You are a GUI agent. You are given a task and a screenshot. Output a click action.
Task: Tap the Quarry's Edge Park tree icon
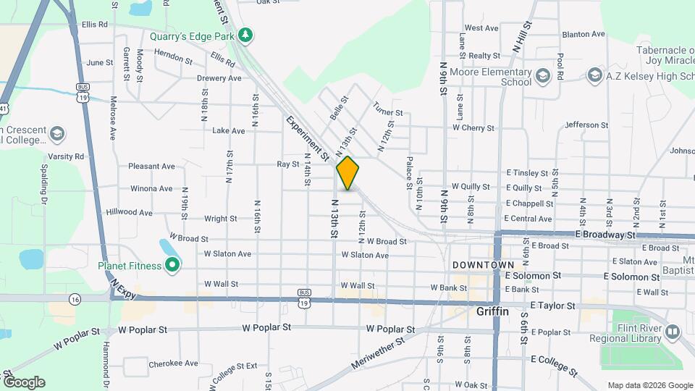pos(246,35)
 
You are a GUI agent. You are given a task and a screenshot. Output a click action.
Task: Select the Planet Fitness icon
pos(172,266)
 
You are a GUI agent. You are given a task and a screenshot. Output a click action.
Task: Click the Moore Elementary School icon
pos(543,75)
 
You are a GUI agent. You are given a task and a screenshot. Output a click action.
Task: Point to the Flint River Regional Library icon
pos(673,332)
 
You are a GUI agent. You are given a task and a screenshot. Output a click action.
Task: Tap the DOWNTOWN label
pos(483,265)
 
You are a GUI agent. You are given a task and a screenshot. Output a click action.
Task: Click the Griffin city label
pos(493,311)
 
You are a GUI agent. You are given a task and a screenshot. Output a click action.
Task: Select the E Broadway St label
pos(605,235)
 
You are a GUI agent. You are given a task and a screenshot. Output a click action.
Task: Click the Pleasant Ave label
pos(151,166)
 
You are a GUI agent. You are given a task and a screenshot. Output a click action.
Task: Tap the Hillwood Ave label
pos(129,213)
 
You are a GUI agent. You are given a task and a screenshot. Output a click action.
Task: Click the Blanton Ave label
pos(584,34)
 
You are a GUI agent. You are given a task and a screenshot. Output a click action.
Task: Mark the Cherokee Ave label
pos(173,363)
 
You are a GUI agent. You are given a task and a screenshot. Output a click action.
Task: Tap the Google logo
pos(24,382)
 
